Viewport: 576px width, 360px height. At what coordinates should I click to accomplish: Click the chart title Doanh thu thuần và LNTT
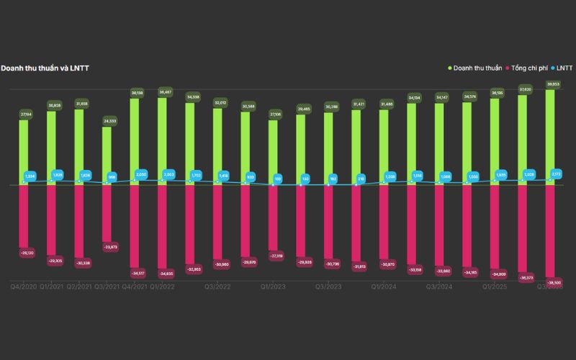tap(45, 68)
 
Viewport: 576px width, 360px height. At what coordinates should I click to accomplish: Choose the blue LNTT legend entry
tap(563, 68)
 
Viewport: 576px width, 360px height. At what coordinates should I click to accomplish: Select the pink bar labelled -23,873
tap(107, 213)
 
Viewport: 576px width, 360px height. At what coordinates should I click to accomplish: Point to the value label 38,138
tap(135, 93)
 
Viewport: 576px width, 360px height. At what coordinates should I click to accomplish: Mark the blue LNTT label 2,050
tap(141, 174)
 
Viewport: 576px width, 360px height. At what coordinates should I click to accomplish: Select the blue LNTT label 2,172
tap(556, 174)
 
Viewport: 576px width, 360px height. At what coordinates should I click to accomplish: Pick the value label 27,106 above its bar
tap(274, 114)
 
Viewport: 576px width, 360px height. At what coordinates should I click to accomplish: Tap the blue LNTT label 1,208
tap(390, 176)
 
